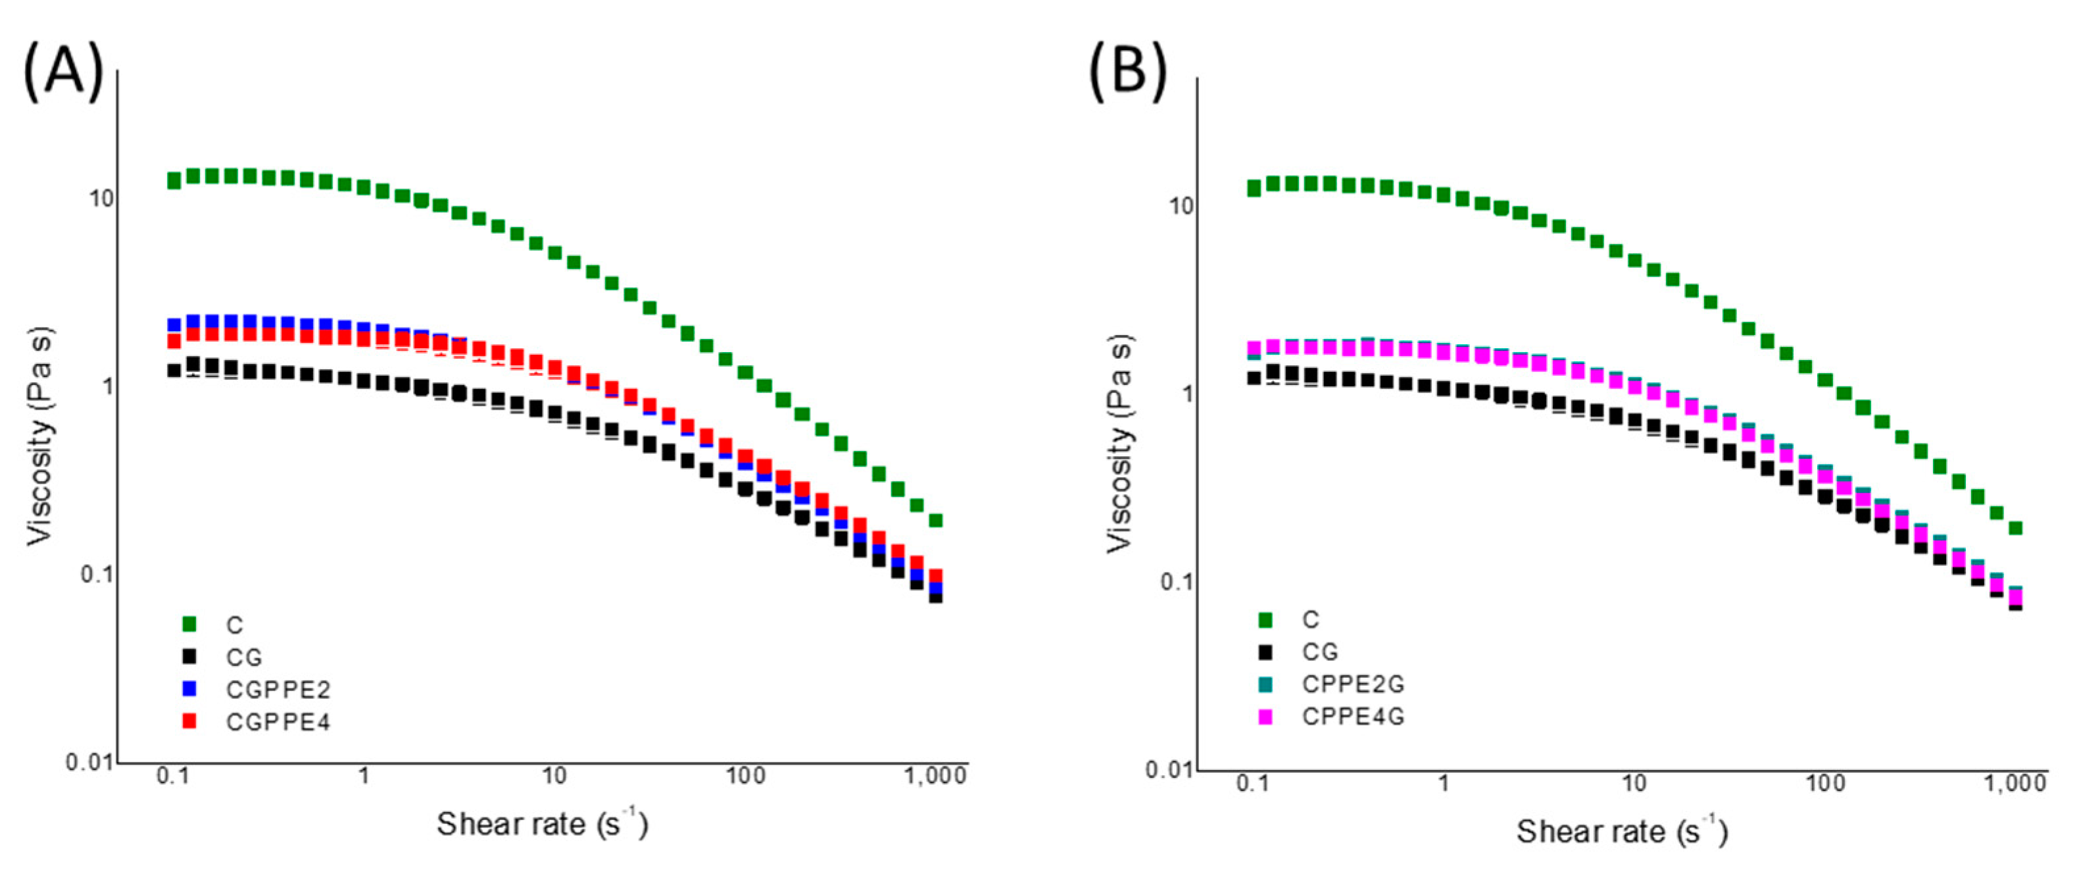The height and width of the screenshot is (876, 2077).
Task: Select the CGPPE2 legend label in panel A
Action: (x=278, y=690)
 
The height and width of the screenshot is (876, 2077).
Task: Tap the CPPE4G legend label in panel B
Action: (x=1353, y=716)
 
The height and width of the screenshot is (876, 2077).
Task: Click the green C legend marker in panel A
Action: (x=189, y=623)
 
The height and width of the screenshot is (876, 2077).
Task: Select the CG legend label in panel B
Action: (x=1320, y=652)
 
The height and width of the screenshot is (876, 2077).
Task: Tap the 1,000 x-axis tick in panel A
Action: (x=935, y=776)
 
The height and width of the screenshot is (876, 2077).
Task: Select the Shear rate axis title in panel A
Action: (x=542, y=825)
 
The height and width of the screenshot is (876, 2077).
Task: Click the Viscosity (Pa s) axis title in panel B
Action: (x=1120, y=444)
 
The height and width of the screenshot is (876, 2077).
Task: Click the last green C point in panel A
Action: (x=935, y=521)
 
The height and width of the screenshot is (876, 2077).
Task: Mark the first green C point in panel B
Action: (x=1253, y=188)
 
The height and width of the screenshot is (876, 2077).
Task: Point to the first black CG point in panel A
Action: (x=174, y=371)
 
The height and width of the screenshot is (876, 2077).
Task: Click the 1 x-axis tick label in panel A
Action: (x=364, y=776)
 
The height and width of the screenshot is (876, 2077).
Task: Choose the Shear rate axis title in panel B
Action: (x=1621, y=833)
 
